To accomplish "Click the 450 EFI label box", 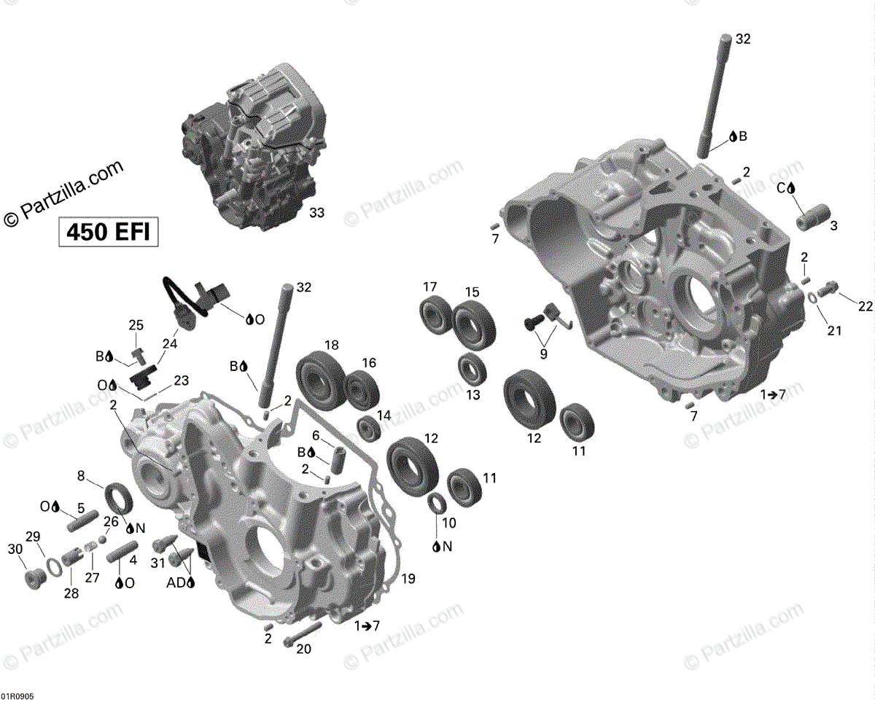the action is click(109, 232).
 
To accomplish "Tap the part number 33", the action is click(316, 213).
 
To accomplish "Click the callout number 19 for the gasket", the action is click(408, 578).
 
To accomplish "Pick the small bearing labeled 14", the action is click(369, 429).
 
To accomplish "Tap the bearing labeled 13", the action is click(472, 368).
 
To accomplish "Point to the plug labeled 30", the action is click(33, 579).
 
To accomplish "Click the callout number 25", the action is click(136, 325).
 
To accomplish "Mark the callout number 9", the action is click(544, 354).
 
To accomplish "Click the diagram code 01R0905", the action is click(17, 696).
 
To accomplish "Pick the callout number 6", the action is click(316, 436).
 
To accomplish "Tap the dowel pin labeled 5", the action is click(82, 520).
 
